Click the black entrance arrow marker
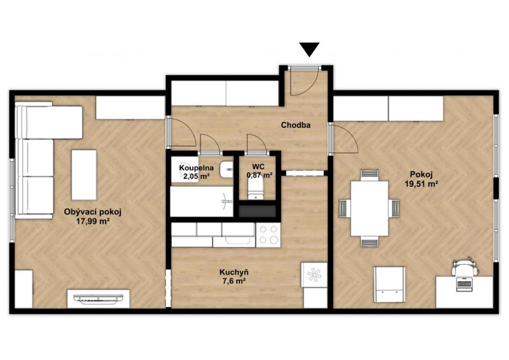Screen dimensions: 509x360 (309, 49)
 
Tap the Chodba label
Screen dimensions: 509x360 (296, 125)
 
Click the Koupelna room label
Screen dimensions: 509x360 (197, 168)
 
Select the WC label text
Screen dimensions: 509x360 (258, 167)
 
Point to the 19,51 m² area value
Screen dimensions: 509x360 (422, 184)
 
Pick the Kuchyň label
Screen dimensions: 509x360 (234, 272)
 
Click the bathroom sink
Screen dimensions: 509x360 (227, 169)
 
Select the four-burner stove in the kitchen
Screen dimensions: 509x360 (268, 235)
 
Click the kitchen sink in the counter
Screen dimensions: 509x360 (238, 240)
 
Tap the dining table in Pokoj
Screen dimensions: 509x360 (370, 208)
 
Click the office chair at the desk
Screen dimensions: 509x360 (465, 267)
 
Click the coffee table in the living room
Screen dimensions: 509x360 (84, 175)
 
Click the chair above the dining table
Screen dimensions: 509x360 (370, 174)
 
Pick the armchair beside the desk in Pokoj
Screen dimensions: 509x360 (389, 284)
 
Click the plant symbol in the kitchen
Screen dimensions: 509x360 (314, 275)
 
